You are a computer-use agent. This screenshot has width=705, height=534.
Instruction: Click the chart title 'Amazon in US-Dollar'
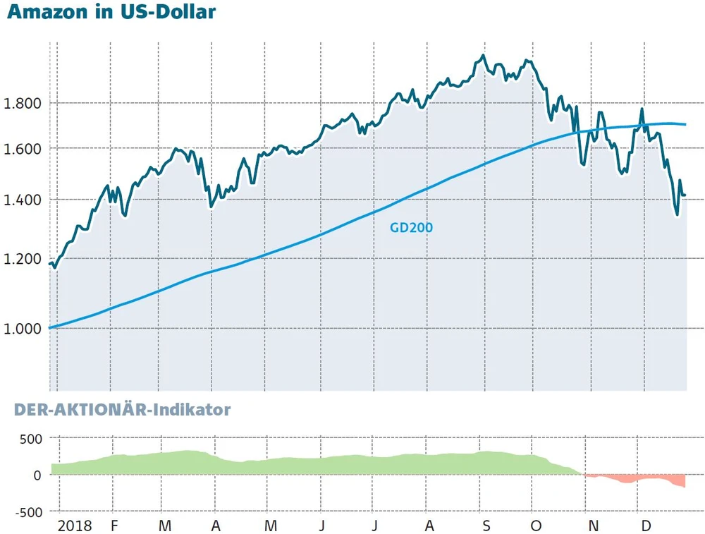[x=112, y=13]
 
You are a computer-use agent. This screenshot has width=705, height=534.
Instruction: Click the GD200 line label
[x=411, y=228]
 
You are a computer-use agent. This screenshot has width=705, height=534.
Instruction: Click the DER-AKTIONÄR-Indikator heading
[x=118, y=409]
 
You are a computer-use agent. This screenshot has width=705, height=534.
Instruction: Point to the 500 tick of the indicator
[x=30, y=438]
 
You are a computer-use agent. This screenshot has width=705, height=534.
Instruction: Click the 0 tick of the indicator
[x=37, y=475]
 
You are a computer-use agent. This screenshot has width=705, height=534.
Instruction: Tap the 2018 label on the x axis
[x=75, y=526]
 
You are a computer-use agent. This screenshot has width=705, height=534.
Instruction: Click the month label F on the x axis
[x=114, y=526]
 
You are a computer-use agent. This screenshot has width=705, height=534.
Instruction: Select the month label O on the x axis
[x=537, y=526]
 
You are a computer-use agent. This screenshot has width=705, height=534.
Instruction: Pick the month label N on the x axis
[x=594, y=526]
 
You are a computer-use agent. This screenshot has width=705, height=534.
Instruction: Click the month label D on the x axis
[x=645, y=526]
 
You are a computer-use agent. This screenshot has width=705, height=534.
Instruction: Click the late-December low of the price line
[x=677, y=215]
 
